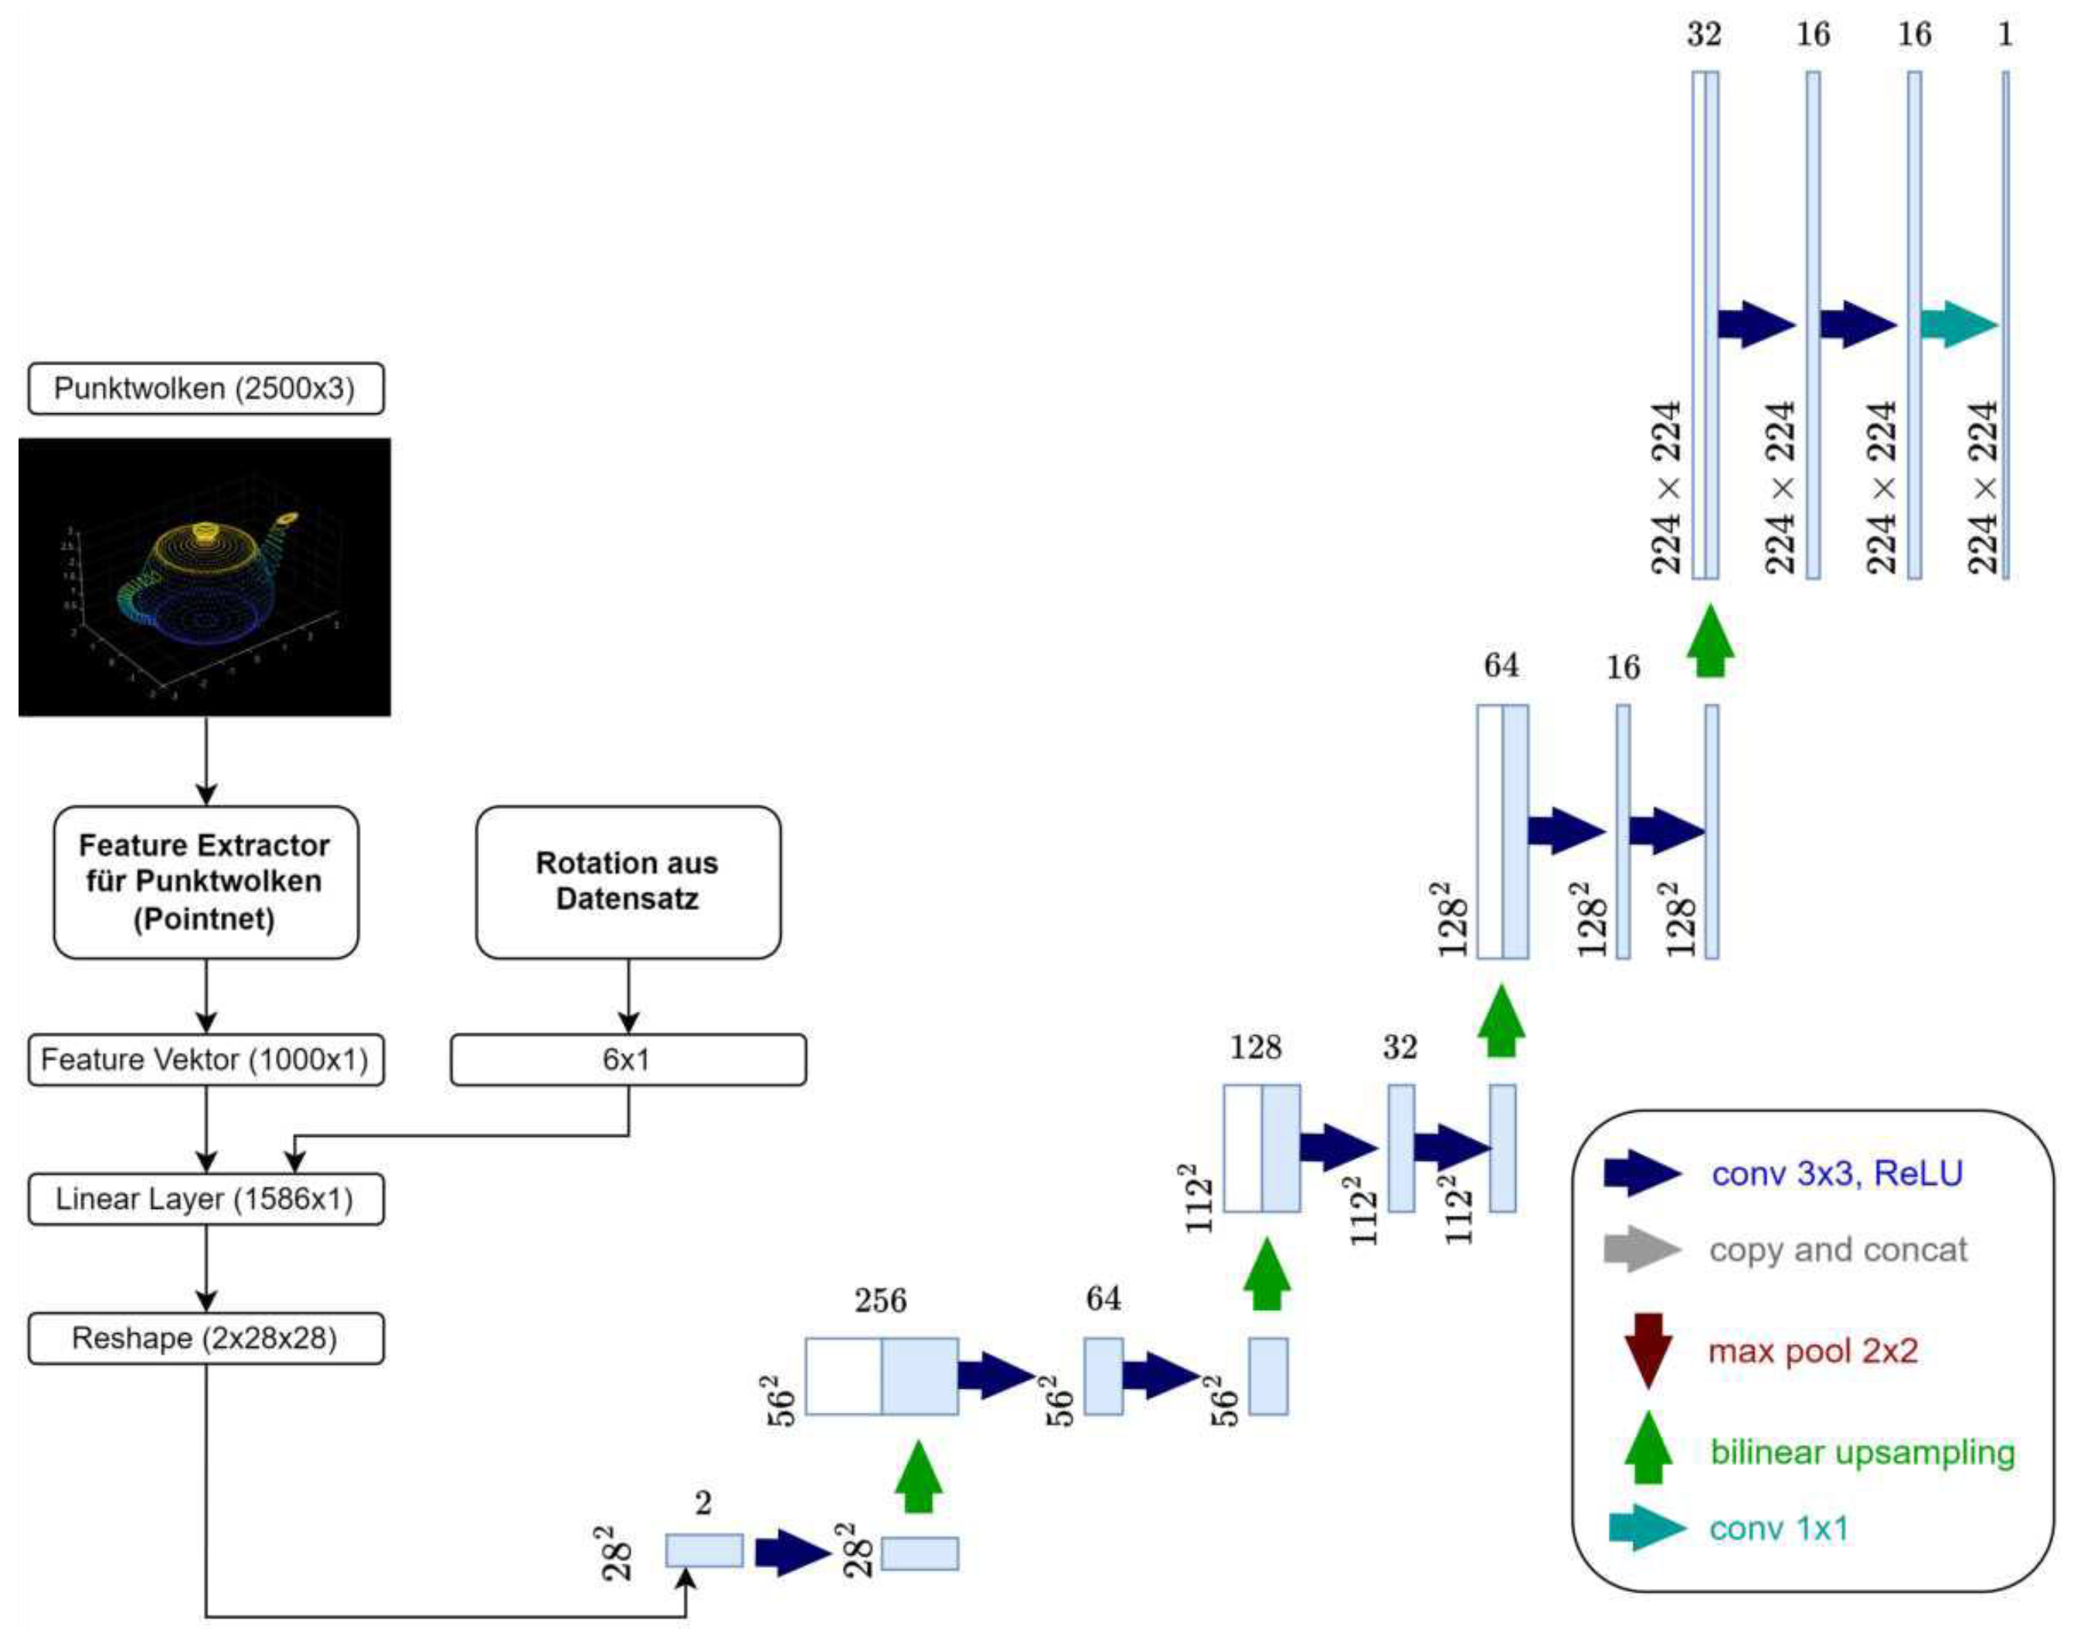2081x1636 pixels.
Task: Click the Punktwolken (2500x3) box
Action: (x=206, y=388)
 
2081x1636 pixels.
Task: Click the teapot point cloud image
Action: (x=204, y=577)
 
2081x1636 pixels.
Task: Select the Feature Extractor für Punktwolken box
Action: (x=206, y=882)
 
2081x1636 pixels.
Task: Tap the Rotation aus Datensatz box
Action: (x=627, y=882)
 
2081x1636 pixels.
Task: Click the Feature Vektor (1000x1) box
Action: (x=206, y=1059)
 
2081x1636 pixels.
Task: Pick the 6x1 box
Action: (x=627, y=1059)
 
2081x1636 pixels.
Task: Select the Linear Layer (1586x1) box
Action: (x=206, y=1200)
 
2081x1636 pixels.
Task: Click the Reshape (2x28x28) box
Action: (x=206, y=1338)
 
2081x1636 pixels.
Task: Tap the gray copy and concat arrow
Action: (x=1642, y=1250)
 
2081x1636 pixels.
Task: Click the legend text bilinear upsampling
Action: (x=1862, y=1452)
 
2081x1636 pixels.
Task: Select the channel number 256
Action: (x=880, y=1301)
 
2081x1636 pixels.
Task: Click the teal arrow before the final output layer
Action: (x=1958, y=324)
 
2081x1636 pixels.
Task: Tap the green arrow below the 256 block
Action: (x=918, y=1476)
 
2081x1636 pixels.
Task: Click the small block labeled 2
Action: (x=704, y=1549)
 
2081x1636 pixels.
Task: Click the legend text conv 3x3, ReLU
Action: (x=1837, y=1173)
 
